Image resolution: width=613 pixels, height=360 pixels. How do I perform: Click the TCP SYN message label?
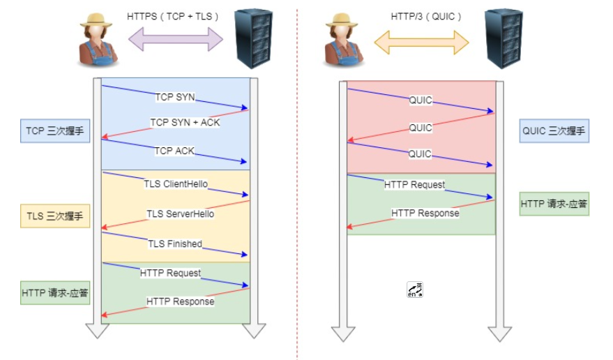(x=175, y=97)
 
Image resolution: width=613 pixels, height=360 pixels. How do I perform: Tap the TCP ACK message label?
(x=174, y=150)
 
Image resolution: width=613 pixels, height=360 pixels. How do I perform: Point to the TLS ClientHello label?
(x=176, y=184)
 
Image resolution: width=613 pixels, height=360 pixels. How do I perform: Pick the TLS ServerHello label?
(x=180, y=213)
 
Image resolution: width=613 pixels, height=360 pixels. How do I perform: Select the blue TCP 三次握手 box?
(x=55, y=130)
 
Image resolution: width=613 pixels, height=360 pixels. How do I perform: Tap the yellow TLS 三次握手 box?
(x=55, y=216)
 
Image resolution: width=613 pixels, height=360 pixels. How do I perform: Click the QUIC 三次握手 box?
(x=554, y=130)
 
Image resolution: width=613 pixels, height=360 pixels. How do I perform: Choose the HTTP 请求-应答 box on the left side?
(x=55, y=293)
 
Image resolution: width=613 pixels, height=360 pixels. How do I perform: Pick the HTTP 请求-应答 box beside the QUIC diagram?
(x=554, y=204)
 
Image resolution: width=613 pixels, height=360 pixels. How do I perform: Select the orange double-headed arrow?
(x=421, y=42)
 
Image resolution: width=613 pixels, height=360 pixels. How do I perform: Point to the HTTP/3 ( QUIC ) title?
(x=421, y=15)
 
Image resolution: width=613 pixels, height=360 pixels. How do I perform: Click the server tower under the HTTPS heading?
(x=253, y=38)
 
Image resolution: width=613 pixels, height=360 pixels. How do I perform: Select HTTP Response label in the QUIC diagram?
(x=425, y=213)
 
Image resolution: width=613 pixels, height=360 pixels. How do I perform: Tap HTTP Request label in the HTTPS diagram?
(x=170, y=273)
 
